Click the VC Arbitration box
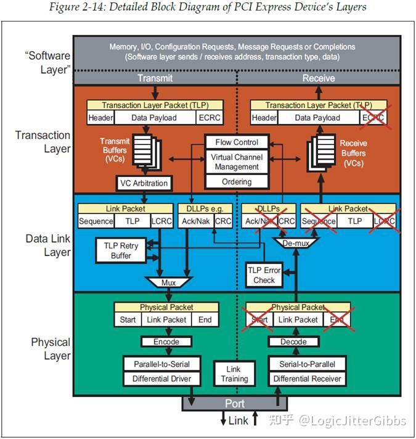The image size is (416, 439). [x=143, y=183]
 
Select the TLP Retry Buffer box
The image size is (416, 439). [x=121, y=250]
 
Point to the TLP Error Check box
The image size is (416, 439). [x=264, y=275]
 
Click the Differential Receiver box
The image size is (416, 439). [x=306, y=379]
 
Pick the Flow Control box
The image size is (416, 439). [x=237, y=142]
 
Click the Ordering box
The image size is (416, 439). [x=237, y=182]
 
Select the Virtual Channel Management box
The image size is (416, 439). [x=237, y=162]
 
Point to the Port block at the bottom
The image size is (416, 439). [x=235, y=404]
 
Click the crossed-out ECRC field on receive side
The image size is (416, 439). [x=373, y=117]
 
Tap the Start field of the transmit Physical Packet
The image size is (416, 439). [x=128, y=319]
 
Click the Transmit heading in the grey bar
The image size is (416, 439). [x=155, y=78]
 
